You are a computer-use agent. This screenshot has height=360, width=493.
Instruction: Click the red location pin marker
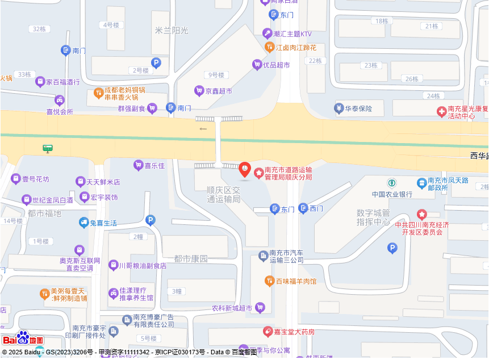click(244, 169)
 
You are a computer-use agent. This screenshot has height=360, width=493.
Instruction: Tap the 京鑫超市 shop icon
click(199, 90)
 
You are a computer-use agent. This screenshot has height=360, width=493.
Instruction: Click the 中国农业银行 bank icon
click(392, 183)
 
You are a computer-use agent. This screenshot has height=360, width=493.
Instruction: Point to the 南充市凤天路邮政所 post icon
click(422, 183)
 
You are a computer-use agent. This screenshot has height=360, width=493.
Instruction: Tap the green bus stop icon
click(48, 149)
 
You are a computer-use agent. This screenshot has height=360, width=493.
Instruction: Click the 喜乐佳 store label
click(154, 166)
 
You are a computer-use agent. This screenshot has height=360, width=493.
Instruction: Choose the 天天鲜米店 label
click(103, 182)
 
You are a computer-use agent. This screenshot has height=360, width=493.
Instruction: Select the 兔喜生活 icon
click(84, 223)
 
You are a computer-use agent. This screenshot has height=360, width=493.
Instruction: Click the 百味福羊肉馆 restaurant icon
click(270, 281)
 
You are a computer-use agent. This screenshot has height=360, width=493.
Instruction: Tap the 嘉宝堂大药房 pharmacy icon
click(268, 331)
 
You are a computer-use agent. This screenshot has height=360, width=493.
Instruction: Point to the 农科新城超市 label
click(232, 308)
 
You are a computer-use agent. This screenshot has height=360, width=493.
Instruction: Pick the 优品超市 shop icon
click(257, 65)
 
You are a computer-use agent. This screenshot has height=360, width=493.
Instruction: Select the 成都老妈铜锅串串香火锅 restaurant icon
click(98, 93)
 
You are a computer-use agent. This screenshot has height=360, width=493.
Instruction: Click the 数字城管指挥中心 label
click(373, 217)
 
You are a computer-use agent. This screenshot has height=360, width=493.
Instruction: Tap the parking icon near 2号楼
click(156, 63)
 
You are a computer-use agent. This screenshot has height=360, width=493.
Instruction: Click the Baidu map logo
click(23, 339)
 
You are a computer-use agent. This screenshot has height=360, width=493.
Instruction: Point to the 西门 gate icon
click(303, 208)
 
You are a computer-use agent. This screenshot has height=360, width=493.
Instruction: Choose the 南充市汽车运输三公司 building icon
click(263, 256)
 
